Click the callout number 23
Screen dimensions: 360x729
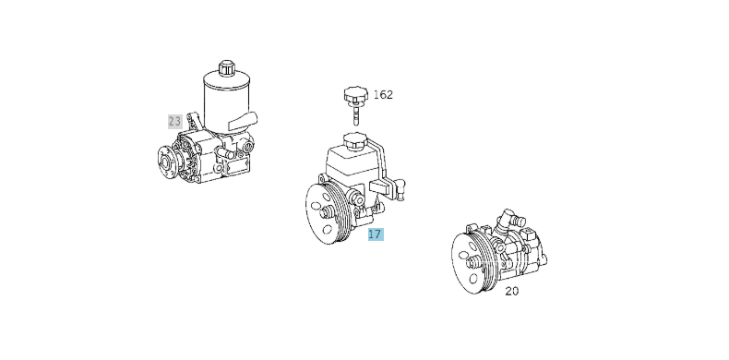(x=174, y=121)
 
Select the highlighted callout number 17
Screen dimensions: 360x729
(x=374, y=234)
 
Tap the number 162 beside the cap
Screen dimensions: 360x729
(x=383, y=94)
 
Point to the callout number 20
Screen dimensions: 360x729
(x=511, y=291)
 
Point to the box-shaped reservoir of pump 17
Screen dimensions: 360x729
(x=352, y=166)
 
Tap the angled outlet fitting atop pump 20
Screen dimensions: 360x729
(x=510, y=222)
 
